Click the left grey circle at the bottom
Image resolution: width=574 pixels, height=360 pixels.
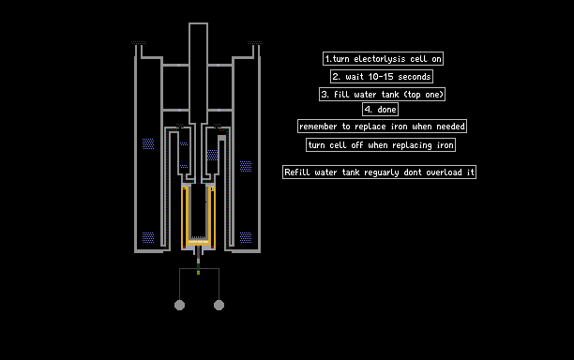[179, 305]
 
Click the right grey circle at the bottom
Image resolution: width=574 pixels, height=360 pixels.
[219, 305]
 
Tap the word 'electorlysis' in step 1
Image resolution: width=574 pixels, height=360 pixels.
[380, 59]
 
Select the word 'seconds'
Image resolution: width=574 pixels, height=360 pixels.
[415, 77]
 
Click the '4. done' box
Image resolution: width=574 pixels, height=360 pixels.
[381, 110]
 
